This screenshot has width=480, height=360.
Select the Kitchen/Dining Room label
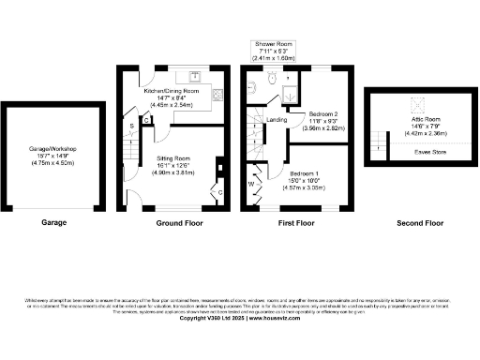(x=172, y=97)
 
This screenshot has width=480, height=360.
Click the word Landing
(x=277, y=120)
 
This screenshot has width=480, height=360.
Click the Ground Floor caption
(x=179, y=223)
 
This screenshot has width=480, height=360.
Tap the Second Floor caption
(x=420, y=223)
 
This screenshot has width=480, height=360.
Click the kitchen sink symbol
(x=195, y=74)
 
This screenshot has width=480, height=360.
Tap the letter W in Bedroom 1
(x=250, y=184)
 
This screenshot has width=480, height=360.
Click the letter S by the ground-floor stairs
(x=131, y=124)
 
